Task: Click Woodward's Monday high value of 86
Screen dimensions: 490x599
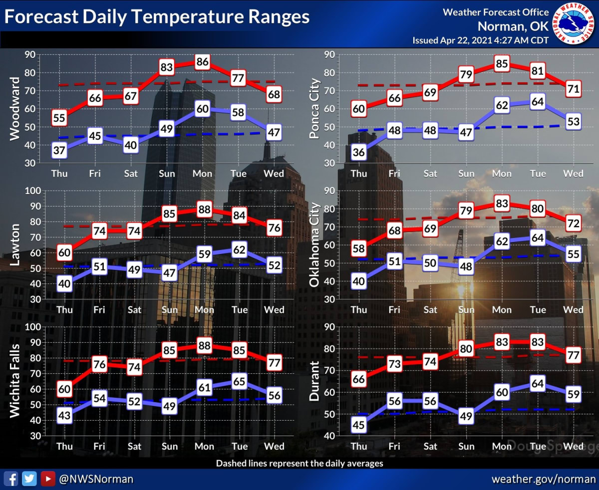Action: (202, 62)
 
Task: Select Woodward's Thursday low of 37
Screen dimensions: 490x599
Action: (59, 150)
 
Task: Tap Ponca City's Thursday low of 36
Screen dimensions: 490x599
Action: (358, 153)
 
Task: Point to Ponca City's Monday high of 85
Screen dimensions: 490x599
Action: (502, 63)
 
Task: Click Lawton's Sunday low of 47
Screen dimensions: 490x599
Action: (169, 273)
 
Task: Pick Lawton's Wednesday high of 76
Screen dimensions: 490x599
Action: (274, 228)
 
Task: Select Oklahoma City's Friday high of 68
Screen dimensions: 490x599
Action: (394, 232)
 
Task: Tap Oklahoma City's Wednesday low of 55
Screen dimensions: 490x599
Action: (574, 254)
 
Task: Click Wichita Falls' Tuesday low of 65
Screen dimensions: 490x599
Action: (239, 382)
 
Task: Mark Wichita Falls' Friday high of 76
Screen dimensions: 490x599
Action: (99, 364)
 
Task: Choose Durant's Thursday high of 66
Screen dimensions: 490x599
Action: (358, 379)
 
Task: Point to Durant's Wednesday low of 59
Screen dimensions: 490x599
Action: (574, 394)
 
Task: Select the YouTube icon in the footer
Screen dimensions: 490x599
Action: (47, 479)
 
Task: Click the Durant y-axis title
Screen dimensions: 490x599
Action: (314, 381)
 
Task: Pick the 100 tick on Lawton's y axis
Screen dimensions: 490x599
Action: (31, 191)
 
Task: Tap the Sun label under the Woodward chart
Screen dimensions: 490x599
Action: (167, 174)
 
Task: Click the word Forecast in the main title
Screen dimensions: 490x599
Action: (41, 17)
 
